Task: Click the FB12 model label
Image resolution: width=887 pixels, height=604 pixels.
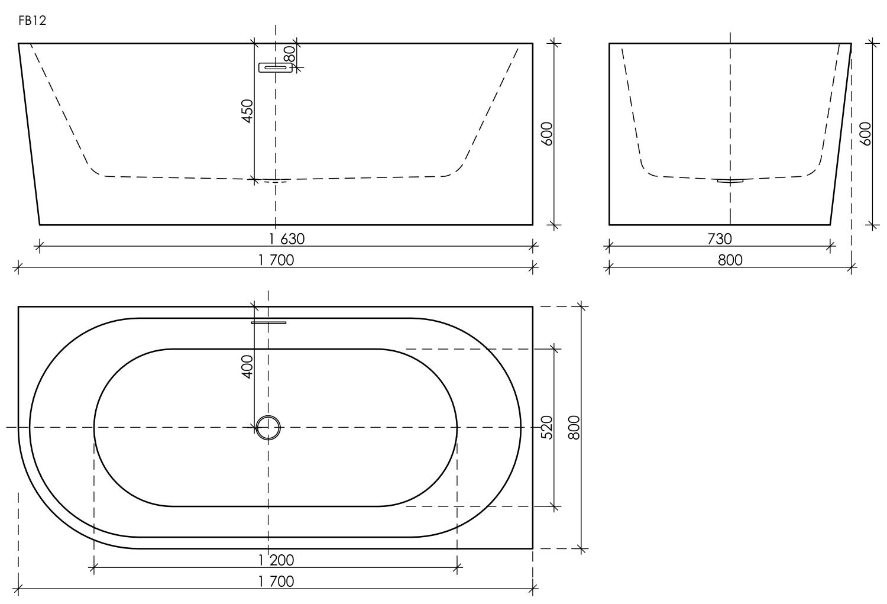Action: click(32, 21)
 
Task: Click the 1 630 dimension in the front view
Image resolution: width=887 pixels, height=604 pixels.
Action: click(286, 239)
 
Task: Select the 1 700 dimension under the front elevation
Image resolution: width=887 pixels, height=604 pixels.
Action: click(276, 260)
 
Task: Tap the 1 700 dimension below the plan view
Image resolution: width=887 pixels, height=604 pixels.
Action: click(276, 581)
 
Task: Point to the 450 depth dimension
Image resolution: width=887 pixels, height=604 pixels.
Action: click(247, 111)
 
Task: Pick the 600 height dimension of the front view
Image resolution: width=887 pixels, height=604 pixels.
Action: click(546, 134)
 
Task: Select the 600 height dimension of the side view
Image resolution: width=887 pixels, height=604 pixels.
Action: click(865, 134)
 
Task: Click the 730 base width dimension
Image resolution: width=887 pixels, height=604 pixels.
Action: click(719, 239)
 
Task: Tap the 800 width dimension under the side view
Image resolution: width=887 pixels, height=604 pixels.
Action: click(730, 260)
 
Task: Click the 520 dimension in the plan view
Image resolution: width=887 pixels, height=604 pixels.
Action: click(546, 427)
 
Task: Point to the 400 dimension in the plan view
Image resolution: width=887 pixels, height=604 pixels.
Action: click(247, 366)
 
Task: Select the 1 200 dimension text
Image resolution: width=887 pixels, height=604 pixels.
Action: click(276, 560)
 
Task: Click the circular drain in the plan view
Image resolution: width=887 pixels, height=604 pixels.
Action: click(268, 427)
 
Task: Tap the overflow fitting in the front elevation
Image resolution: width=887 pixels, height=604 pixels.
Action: click(275, 67)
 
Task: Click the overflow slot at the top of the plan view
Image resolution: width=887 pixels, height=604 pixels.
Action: click(268, 322)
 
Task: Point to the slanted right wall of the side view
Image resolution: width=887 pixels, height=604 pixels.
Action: click(840, 134)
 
